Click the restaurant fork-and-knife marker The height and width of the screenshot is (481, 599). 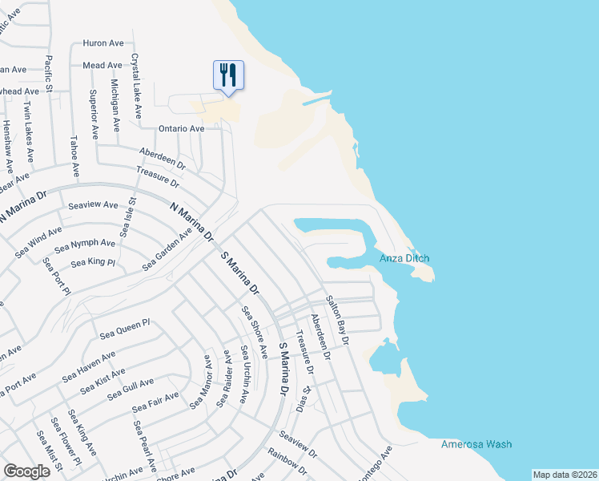pos(228,75)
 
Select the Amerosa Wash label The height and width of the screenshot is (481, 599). pos(476,444)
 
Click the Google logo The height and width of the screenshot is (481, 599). pos(26,471)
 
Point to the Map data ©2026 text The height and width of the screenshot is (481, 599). pos(565,475)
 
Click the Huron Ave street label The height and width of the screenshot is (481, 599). pos(103,43)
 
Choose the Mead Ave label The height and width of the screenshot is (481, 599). pos(102,65)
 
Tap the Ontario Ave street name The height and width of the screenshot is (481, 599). pos(181,128)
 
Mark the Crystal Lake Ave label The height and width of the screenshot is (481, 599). pos(137,83)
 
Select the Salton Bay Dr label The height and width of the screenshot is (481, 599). pos(337,321)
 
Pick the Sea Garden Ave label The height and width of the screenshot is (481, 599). pos(167,249)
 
